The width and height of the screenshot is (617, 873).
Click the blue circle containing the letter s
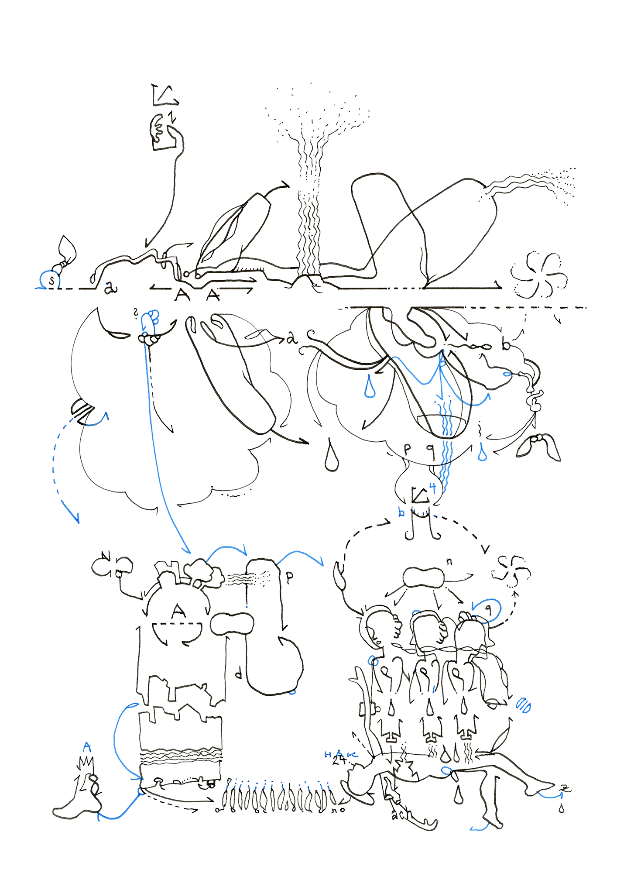coord(50,280)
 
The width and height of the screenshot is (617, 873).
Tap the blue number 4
coord(432,488)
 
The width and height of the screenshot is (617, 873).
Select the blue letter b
coord(401,512)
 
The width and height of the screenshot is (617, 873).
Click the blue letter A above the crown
coord(87,747)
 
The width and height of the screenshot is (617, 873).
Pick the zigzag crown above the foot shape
coord(86,763)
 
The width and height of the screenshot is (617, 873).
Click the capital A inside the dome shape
coord(178,611)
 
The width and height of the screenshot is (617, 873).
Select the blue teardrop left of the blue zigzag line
coord(370,387)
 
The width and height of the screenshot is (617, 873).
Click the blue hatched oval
coord(523,705)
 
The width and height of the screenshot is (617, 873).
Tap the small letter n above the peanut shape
coord(450,562)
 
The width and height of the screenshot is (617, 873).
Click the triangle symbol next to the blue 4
coord(420,495)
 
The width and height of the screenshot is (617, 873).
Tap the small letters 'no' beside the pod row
coord(339,810)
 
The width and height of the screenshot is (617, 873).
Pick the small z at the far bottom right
coord(565,788)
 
